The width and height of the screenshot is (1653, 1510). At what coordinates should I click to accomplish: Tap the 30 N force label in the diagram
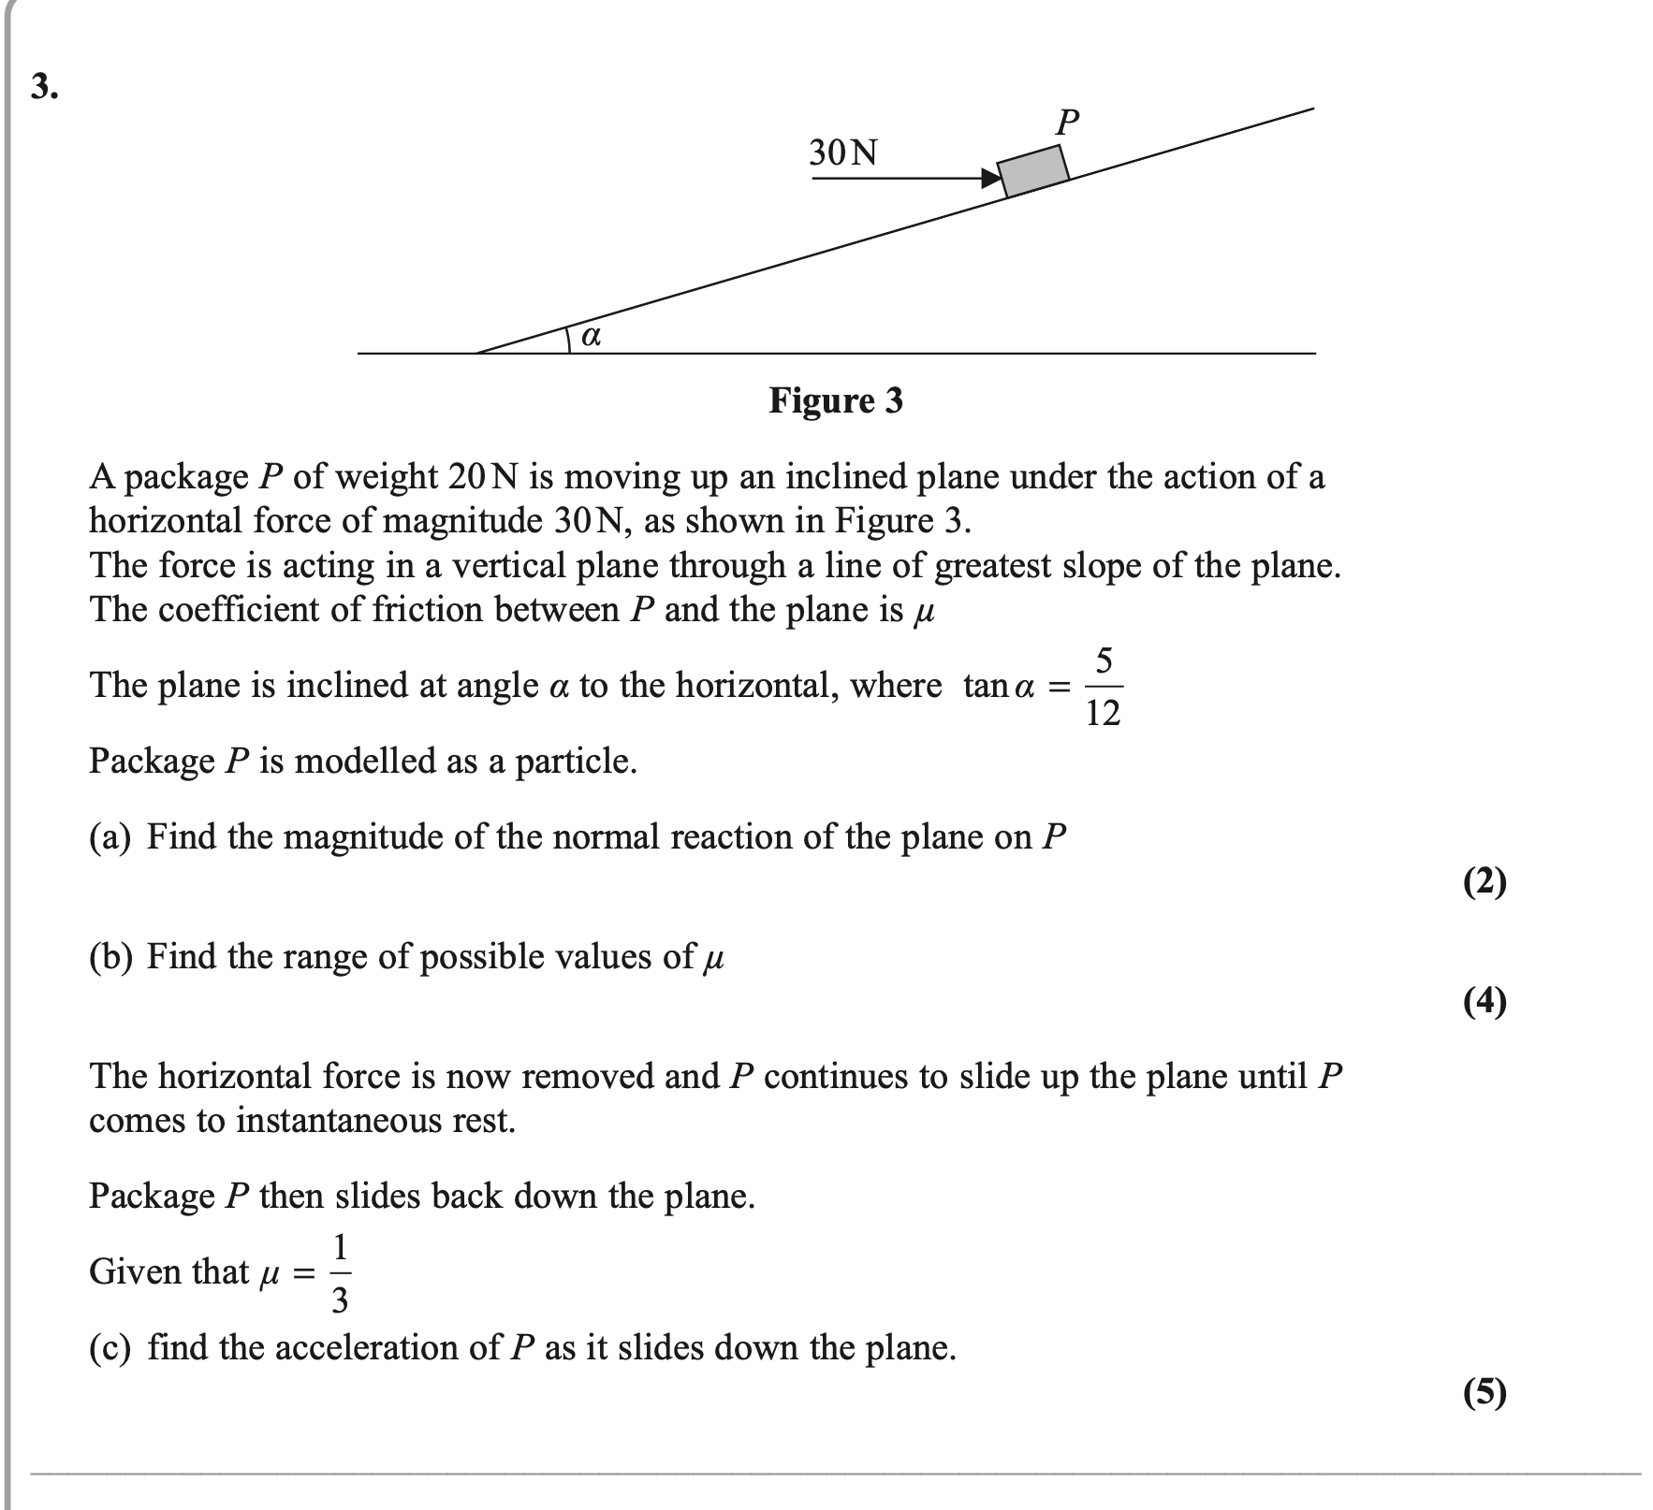(x=843, y=152)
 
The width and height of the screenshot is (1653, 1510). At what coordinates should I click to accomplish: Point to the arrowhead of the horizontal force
(x=990, y=178)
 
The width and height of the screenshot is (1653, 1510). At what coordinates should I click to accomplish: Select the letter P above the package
(x=1067, y=123)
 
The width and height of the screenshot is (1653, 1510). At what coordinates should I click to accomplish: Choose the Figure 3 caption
(x=836, y=400)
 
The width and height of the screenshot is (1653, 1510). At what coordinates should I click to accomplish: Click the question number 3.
(x=44, y=87)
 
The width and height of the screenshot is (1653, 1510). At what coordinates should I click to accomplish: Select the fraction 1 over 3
(x=340, y=1272)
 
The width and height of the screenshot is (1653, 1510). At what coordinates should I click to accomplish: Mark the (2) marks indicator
(x=1485, y=881)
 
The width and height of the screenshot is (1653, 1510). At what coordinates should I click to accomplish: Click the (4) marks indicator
(x=1485, y=1001)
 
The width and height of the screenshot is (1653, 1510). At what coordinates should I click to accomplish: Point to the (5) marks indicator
(x=1485, y=1393)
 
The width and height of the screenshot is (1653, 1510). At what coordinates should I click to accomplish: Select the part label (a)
(x=110, y=836)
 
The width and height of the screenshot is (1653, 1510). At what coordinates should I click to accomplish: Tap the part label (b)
(x=110, y=956)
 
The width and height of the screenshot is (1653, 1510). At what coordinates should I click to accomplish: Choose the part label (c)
(x=110, y=1347)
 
